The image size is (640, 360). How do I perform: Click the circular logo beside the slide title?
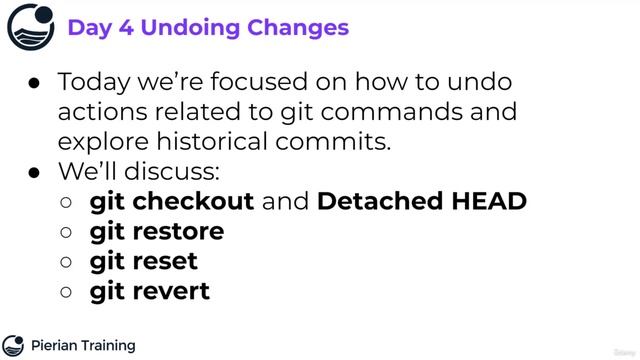[31, 26]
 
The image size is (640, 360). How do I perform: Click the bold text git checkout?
[172, 201]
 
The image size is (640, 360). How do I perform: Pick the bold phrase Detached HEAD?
[421, 201]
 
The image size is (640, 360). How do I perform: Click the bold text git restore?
[157, 231]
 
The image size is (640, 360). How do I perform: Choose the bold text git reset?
[144, 261]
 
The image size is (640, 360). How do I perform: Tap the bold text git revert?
[150, 291]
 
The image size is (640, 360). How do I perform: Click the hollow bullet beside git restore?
[66, 232]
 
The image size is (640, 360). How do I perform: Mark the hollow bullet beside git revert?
[66, 292]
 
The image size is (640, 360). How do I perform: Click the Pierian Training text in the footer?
[83, 345]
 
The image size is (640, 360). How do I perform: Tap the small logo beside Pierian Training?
[14, 345]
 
